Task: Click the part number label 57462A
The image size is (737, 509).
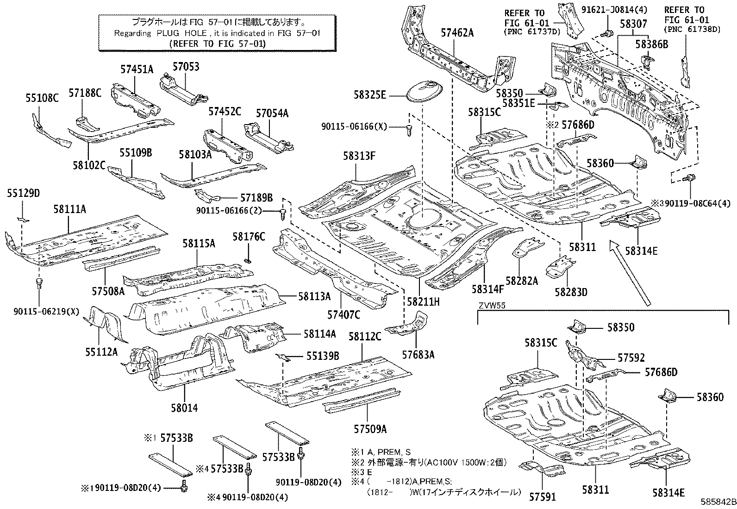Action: [457, 32]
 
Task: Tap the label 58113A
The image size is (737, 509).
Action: [314, 296]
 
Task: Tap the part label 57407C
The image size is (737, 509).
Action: [344, 314]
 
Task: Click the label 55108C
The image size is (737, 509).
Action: [42, 97]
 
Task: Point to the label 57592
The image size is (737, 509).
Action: [631, 358]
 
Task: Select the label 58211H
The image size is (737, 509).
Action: [423, 302]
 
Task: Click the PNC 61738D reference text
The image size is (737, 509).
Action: [692, 29]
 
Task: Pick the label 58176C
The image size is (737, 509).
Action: [249, 237]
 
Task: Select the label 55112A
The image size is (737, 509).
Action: [101, 352]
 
